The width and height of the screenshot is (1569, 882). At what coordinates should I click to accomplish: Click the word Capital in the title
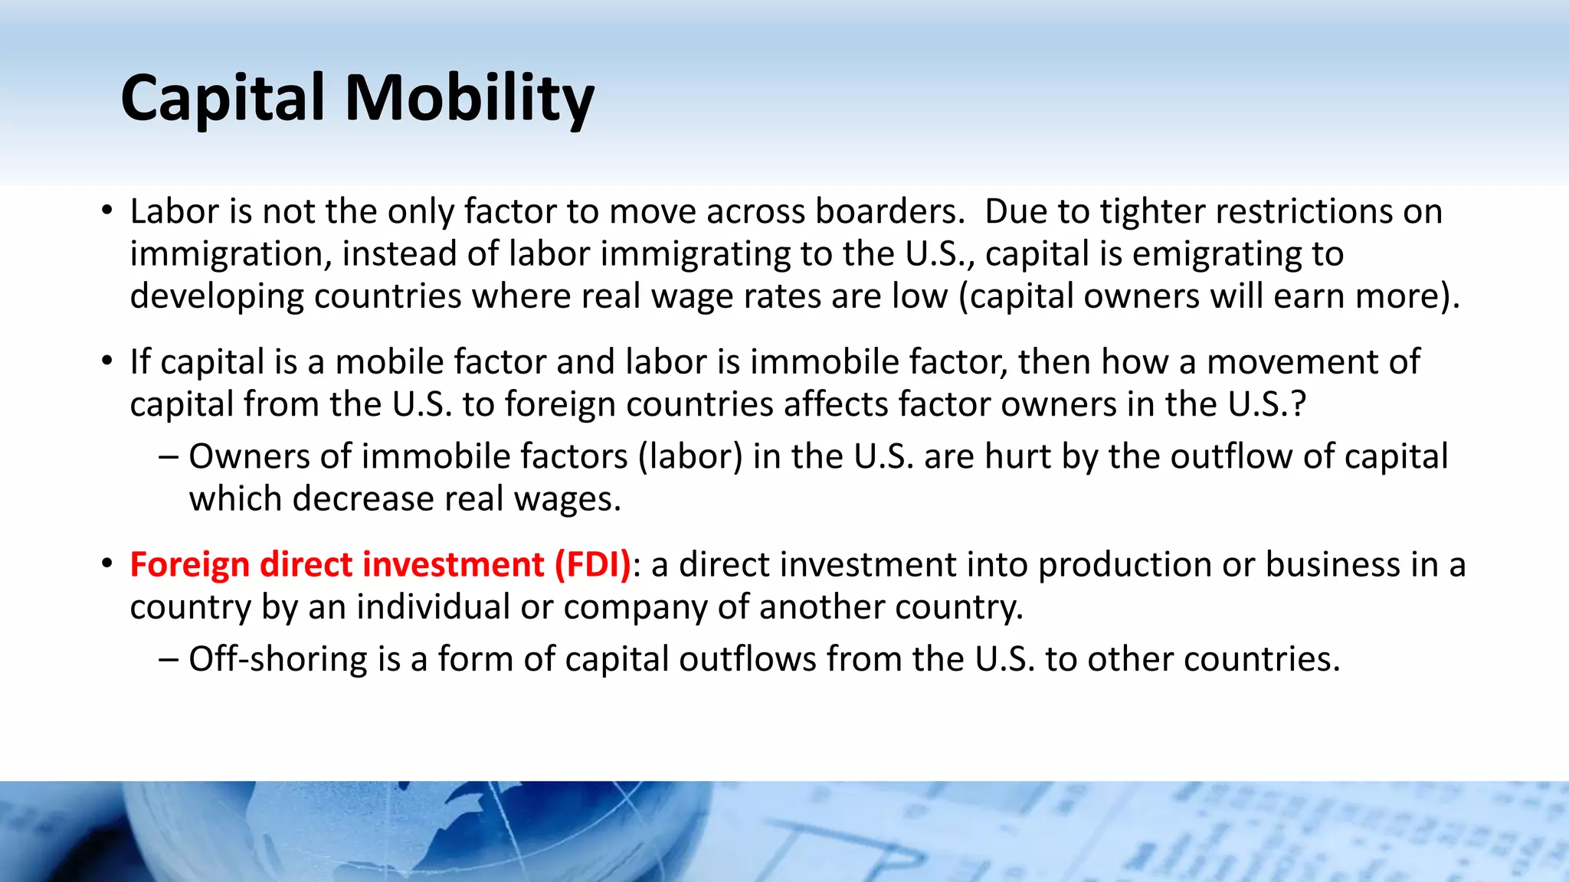[x=223, y=98]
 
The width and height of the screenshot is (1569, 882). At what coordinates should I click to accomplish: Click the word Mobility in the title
[x=470, y=98]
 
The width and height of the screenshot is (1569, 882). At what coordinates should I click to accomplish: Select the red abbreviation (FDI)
[x=592, y=564]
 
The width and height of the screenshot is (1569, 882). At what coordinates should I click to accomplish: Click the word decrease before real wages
[x=364, y=499]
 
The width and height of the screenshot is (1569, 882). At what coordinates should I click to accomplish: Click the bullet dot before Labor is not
[x=107, y=211]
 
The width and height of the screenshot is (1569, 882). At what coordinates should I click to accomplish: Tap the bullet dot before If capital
[x=107, y=361]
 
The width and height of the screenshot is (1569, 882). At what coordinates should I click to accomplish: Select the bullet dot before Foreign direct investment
[x=107, y=564]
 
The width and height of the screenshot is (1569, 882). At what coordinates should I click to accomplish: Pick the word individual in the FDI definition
[x=433, y=607]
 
